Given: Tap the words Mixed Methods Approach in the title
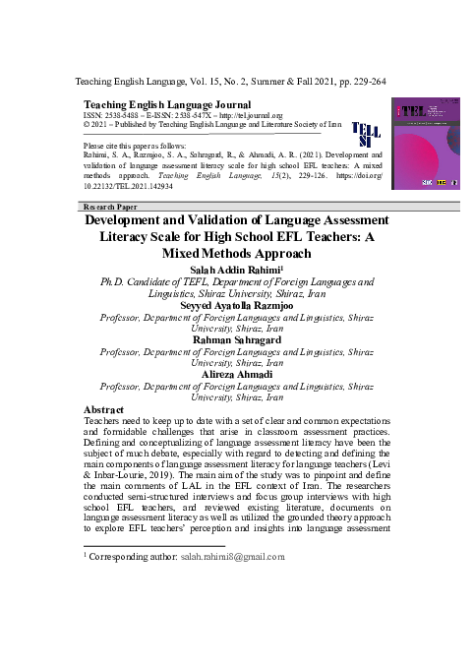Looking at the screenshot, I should tap(236, 254).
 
